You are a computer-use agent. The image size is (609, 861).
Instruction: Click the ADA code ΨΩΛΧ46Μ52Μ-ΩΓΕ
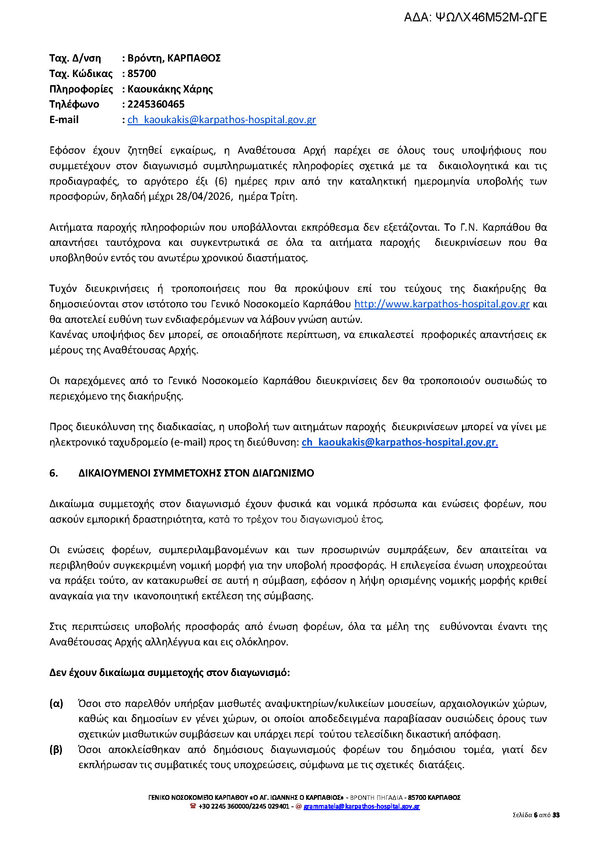coord(475,17)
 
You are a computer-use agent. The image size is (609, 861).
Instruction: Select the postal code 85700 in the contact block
coord(142,74)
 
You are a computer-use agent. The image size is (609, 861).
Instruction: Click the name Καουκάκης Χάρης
coord(170,89)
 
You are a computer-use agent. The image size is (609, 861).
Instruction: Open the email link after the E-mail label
coord(222,120)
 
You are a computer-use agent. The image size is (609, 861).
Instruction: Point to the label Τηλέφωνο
coord(74,104)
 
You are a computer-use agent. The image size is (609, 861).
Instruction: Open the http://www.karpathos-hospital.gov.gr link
coord(442,304)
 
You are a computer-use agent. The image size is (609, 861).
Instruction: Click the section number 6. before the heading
coord(54,473)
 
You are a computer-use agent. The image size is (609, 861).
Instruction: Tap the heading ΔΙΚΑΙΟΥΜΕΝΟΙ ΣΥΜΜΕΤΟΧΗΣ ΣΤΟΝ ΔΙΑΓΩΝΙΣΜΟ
coord(196,473)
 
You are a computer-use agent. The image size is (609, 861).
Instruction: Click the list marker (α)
coord(56,703)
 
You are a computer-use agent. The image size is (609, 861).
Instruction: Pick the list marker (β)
coord(56,750)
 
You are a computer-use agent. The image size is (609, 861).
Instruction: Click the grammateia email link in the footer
coord(361,806)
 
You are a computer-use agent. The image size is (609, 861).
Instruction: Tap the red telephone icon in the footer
coord(193,806)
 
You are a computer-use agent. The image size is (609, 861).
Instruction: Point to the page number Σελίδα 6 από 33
coord(536,815)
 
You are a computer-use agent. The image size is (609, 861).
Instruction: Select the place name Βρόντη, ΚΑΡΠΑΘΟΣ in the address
coord(174,58)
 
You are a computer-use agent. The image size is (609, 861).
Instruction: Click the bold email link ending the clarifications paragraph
coord(399,442)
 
